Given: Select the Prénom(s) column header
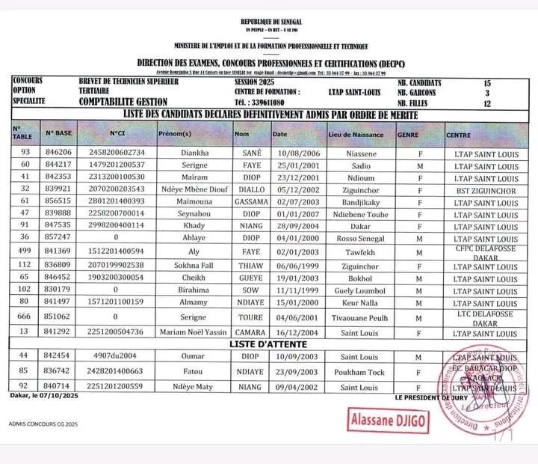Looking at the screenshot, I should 176,134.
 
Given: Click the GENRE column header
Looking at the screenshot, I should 408,134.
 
